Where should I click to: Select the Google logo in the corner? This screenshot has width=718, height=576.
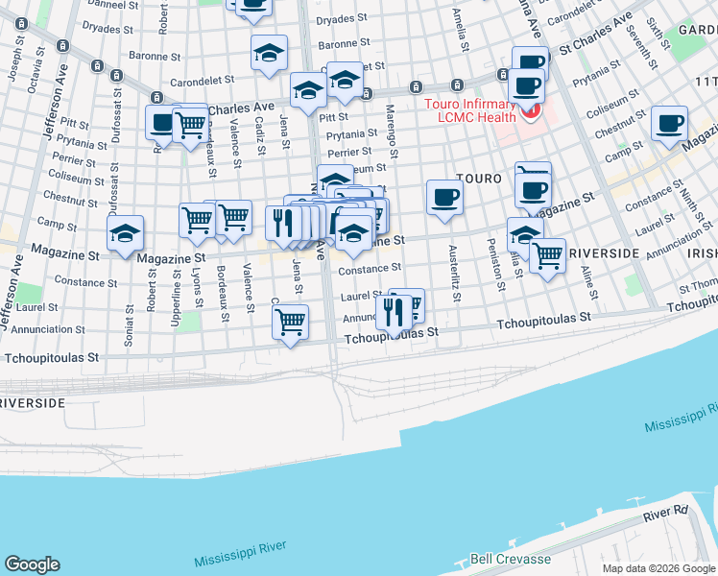tap(32, 564)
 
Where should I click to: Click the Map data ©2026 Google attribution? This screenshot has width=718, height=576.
tap(658, 568)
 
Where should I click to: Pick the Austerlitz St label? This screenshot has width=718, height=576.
tap(453, 275)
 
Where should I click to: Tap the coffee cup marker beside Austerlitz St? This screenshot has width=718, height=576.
tap(443, 198)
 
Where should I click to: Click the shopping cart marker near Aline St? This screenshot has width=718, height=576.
tap(547, 256)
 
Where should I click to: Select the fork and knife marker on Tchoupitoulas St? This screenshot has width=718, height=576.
tap(394, 311)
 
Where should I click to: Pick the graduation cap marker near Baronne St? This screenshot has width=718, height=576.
tap(269, 54)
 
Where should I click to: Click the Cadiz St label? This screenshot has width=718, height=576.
tap(260, 137)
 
